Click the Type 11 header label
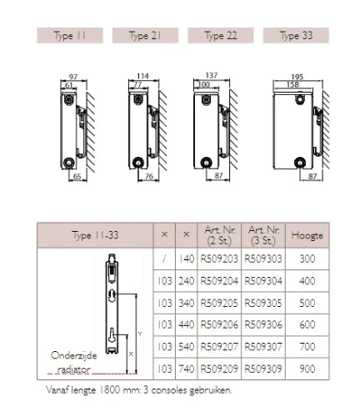pos(70,36)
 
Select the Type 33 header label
pos(296,36)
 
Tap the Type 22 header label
pos(221,36)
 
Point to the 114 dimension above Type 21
pos(142,76)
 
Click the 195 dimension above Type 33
pos(297,77)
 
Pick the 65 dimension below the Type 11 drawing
pos(77,176)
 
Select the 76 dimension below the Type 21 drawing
pos(149,176)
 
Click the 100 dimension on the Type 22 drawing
pos(204,84)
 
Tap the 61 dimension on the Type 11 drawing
pos(68,85)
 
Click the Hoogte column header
pos(307,235)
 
